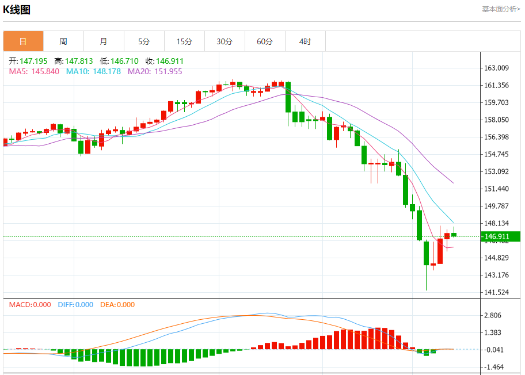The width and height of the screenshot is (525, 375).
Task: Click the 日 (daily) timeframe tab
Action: pos(23,41)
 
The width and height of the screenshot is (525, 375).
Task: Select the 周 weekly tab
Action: pos(63,41)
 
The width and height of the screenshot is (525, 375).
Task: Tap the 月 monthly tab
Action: pos(104,41)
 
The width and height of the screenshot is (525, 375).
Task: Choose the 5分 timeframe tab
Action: pos(144,41)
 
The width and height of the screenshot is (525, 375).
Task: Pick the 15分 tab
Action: pos(184,41)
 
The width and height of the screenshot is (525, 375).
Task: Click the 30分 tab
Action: pos(225,41)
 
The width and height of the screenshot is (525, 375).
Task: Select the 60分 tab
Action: pos(265,41)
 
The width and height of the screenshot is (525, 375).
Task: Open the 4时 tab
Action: pos(305,41)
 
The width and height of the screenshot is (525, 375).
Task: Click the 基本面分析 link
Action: pos(501,9)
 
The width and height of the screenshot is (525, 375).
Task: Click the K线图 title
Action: pos(17,10)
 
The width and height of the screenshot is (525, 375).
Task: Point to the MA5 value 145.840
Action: pos(34,71)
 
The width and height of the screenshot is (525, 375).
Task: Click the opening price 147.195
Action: pos(29,61)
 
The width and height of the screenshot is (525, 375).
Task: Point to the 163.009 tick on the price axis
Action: pos(497,68)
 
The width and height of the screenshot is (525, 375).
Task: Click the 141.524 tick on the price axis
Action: pos(497,292)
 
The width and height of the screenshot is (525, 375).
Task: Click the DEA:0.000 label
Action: pos(117,305)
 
